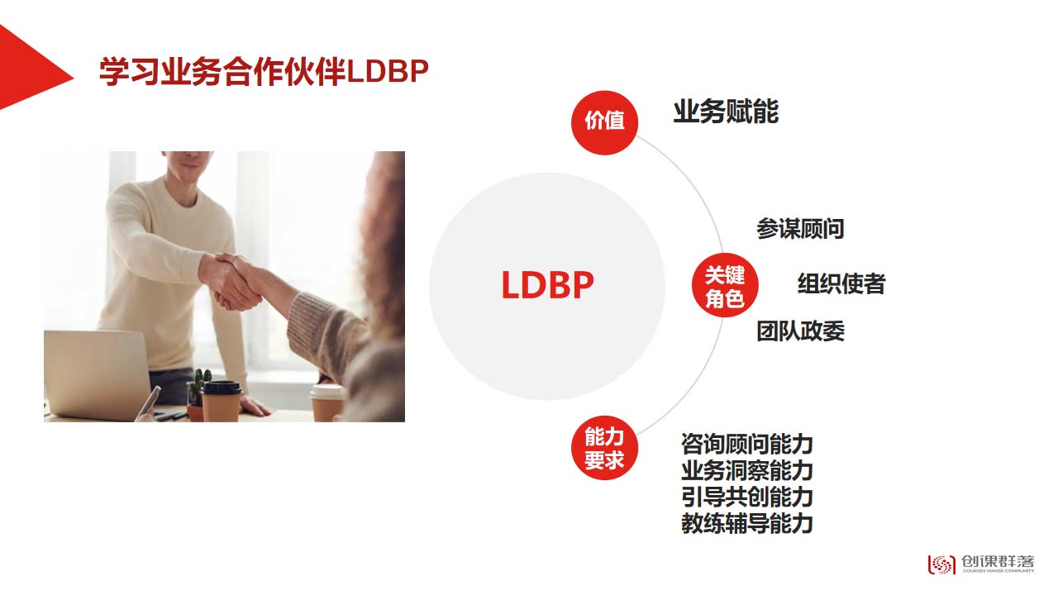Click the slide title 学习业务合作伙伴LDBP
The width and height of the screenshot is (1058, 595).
(264, 72)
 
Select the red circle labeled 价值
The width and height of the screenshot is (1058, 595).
(604, 123)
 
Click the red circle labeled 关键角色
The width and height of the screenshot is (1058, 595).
(725, 285)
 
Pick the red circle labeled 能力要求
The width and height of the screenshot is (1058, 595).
(604, 448)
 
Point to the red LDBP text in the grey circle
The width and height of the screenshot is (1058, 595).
(547, 285)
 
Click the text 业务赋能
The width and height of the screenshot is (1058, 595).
(726, 112)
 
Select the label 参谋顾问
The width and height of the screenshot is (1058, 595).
(800, 229)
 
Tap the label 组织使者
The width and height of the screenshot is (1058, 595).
(841, 283)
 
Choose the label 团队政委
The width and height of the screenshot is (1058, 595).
(800, 331)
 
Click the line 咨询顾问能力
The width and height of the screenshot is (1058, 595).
(746, 445)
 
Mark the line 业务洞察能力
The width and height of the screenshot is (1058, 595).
(746, 471)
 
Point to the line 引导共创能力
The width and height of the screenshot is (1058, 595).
(746, 497)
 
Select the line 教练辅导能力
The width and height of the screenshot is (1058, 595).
(746, 524)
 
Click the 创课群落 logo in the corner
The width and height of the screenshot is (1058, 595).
(981, 564)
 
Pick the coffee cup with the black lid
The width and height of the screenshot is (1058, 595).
(222, 402)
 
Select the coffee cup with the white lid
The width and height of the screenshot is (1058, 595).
(328, 402)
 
